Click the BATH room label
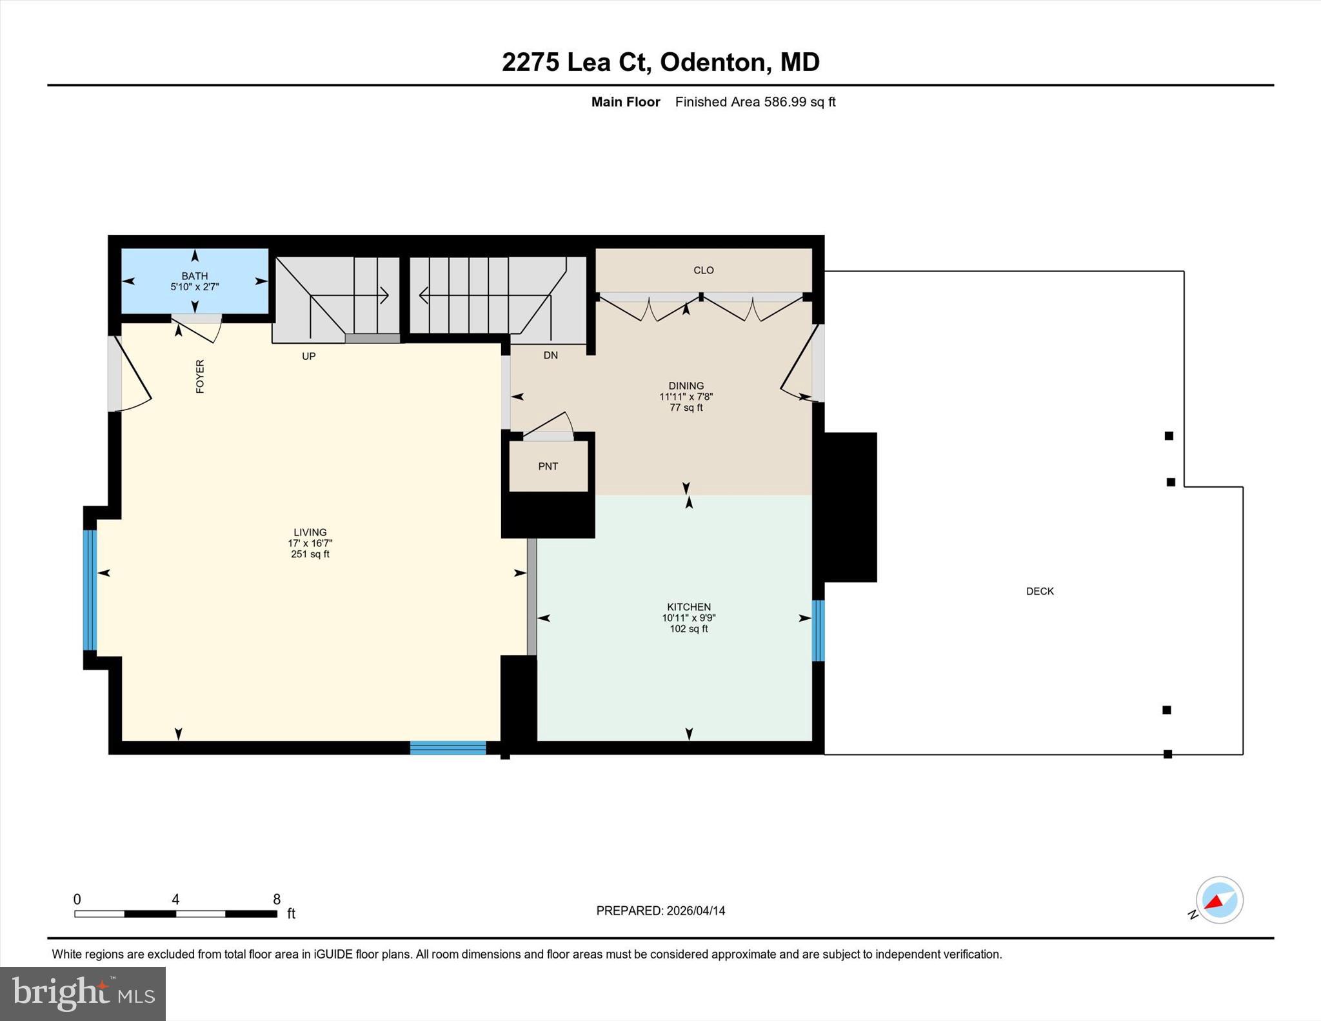point(194,275)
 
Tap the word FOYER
point(200,376)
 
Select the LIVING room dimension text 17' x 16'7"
point(310,543)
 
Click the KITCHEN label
point(688,606)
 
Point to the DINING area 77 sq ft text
point(686,408)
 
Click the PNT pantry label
point(548,466)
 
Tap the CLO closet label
point(703,270)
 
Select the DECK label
point(1039,591)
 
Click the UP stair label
point(308,356)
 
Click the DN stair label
point(550,355)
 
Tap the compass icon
point(1218,900)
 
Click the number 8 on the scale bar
point(277,899)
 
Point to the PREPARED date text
point(660,911)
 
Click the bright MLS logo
point(83,993)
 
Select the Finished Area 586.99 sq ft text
point(755,102)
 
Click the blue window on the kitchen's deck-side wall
point(818,630)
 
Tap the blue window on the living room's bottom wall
point(448,748)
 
